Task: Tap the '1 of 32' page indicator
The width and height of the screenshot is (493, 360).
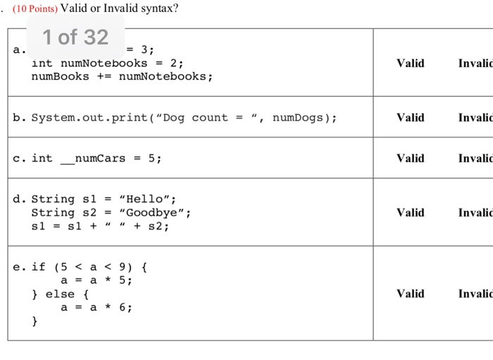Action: (x=75, y=37)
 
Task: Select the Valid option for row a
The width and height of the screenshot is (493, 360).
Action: (x=410, y=63)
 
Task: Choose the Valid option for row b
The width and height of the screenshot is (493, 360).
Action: (x=410, y=117)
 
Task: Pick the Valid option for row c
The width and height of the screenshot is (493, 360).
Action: (x=410, y=158)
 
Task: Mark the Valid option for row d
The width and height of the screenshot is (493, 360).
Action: (x=410, y=212)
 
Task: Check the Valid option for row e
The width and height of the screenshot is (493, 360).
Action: (x=410, y=293)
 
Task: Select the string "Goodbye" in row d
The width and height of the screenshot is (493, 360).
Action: (x=155, y=212)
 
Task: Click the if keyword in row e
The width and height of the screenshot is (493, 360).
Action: (x=38, y=266)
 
